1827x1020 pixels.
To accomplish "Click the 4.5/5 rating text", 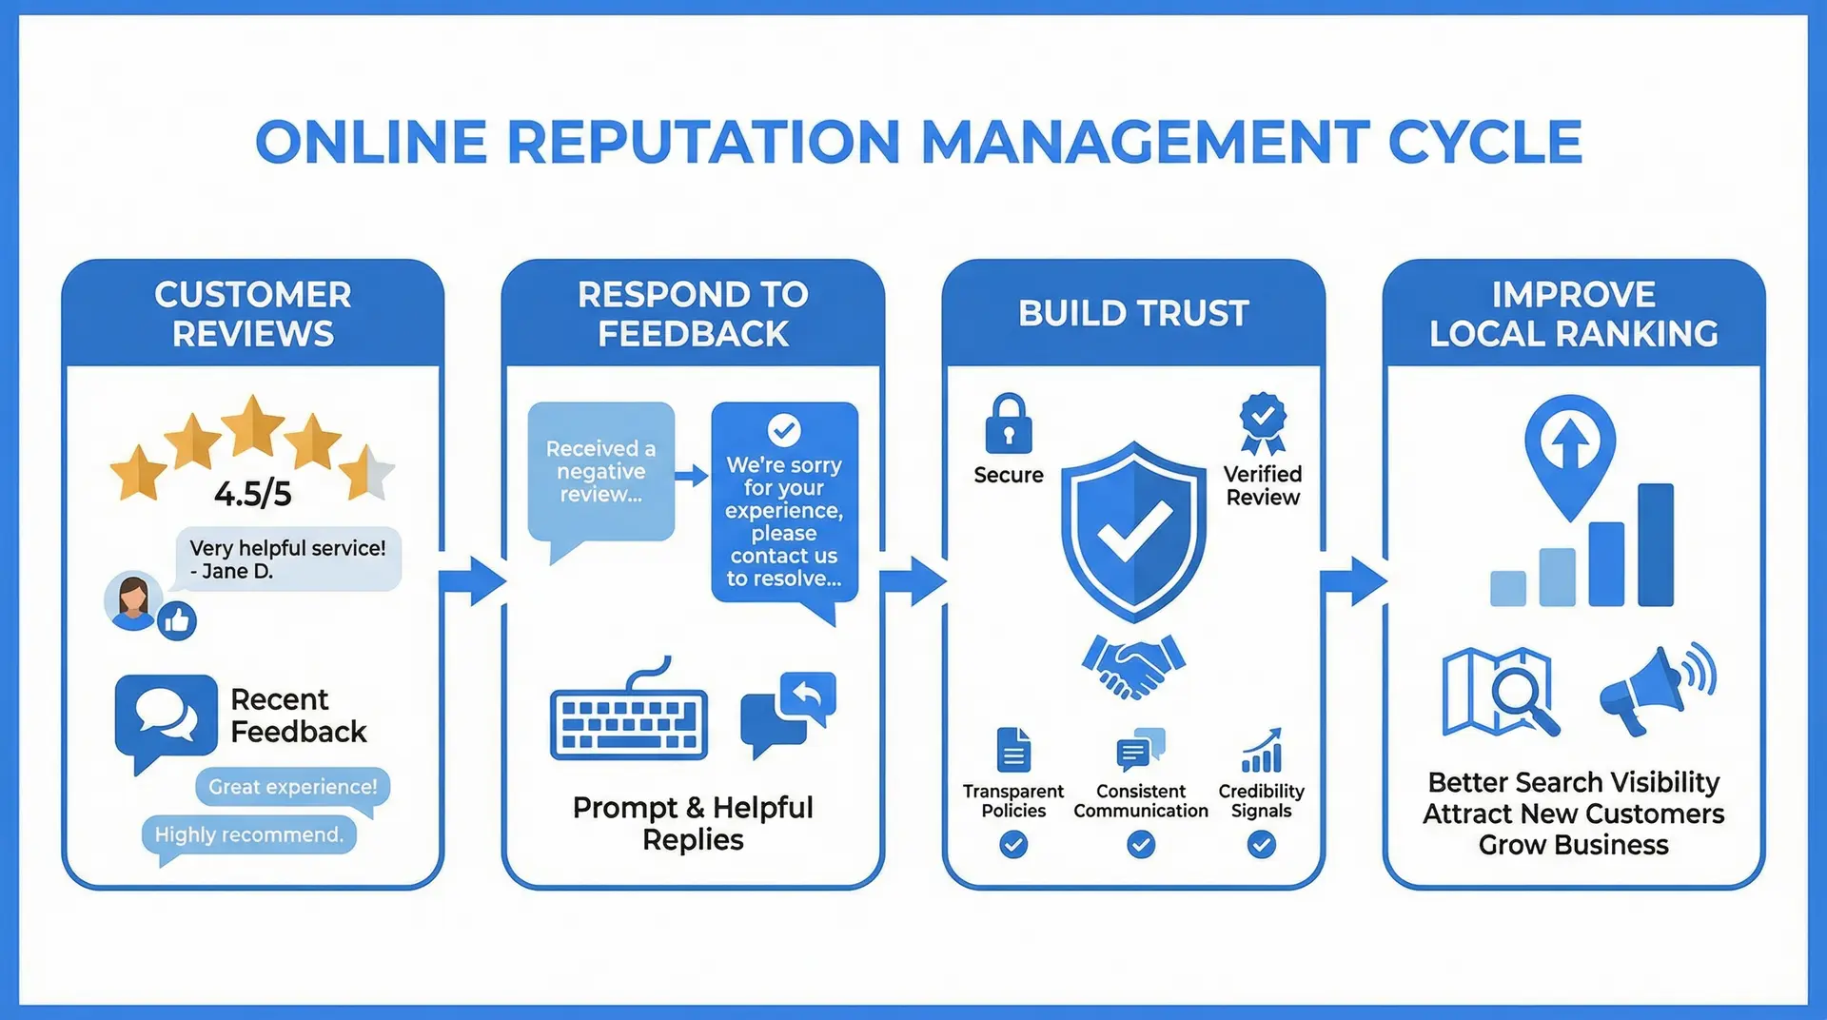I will [252, 494].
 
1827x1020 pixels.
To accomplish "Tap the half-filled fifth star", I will [366, 472].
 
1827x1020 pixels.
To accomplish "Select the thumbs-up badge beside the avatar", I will [177, 621].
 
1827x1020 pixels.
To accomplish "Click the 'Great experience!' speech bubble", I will [293, 788].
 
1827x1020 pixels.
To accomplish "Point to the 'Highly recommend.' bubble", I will [248, 835].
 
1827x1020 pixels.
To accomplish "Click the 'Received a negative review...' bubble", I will [600, 472].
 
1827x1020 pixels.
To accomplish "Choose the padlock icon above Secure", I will [1009, 424].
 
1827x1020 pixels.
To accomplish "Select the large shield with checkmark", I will [1133, 530].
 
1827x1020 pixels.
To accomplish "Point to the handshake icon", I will [1133, 665].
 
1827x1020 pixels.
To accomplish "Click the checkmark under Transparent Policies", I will [1013, 844].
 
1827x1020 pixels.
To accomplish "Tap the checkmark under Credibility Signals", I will [1261, 844].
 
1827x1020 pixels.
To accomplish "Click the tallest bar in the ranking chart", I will [1655, 544].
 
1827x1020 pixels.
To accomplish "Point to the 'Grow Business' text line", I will [1573, 845].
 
